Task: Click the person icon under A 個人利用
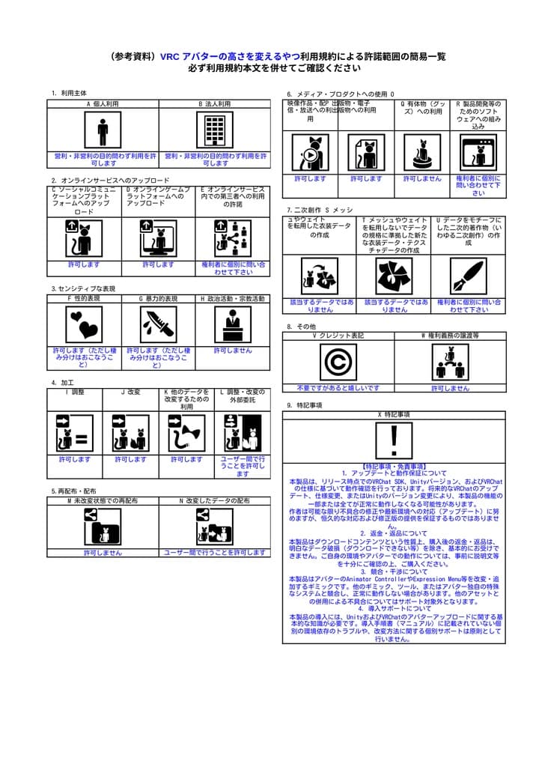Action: pos(103,131)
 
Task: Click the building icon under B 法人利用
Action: pos(215,131)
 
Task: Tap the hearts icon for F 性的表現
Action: pos(84,324)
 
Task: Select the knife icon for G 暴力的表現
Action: pos(158,324)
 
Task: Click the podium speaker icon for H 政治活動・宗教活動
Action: pos(232,324)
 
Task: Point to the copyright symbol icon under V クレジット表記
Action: pos(338,363)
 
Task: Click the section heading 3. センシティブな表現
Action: pos(83,288)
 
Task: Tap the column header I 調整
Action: pos(75,392)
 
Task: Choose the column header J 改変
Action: pos(130,392)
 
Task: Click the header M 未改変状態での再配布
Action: pos(103,500)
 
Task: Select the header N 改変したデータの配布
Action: pos(214,500)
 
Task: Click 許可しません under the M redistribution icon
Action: pos(103,553)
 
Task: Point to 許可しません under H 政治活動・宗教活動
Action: pos(232,351)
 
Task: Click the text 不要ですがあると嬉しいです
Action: pos(338,388)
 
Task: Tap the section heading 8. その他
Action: pos(302,327)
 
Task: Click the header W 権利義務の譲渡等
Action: pos(450,336)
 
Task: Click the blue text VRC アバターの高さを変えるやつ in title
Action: pos(230,56)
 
